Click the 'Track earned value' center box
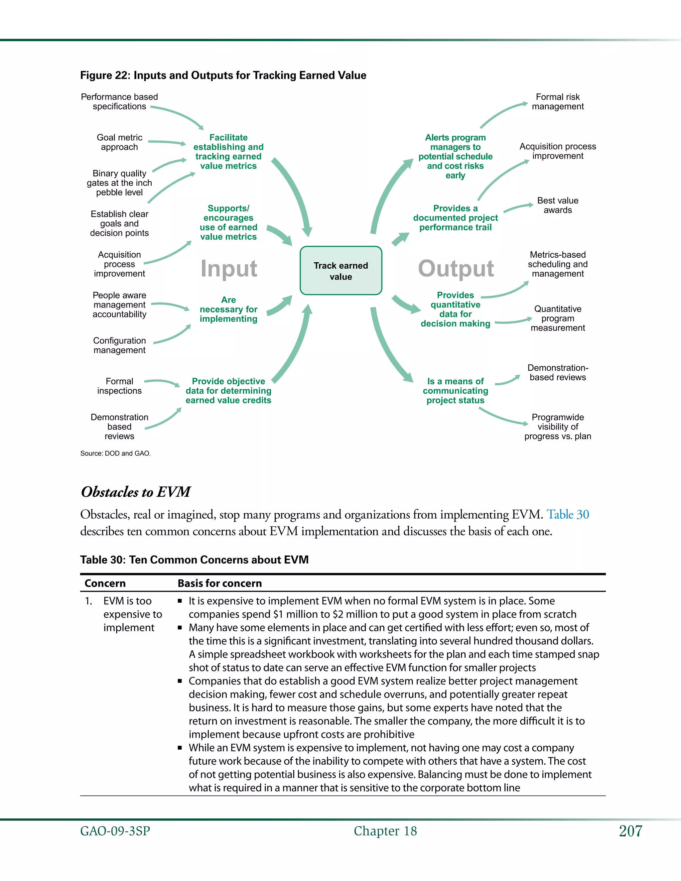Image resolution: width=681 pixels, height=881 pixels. pyautogui.click(x=341, y=271)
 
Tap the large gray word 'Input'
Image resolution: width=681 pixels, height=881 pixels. pyautogui.click(x=229, y=269)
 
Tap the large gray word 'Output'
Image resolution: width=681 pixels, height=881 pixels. pyautogui.click(x=456, y=269)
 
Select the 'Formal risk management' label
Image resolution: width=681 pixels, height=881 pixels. pyautogui.click(x=558, y=102)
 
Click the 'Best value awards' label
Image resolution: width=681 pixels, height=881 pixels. pyautogui.click(x=558, y=205)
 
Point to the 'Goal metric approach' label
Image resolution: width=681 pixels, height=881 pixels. pyautogui.click(x=119, y=142)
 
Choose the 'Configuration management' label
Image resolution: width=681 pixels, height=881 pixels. pyautogui.click(x=119, y=345)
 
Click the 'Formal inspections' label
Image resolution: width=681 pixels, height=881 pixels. pyautogui.click(x=119, y=386)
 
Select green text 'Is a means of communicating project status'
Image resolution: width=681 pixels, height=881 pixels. pyautogui.click(x=456, y=391)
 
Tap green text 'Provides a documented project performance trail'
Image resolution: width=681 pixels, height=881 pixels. pyautogui.click(x=456, y=218)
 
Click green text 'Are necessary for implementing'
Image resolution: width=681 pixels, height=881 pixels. pyautogui.click(x=228, y=310)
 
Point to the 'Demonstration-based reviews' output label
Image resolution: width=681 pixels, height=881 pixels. pyautogui.click(x=558, y=373)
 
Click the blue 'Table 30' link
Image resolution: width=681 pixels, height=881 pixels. pyautogui.click(x=568, y=515)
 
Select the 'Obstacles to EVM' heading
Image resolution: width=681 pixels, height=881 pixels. pyautogui.click(x=136, y=492)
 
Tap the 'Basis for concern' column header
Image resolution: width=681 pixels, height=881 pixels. pyautogui.click(x=219, y=583)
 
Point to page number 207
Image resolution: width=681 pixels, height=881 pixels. pyautogui.click(x=630, y=831)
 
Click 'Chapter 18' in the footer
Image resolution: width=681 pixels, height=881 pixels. pyautogui.click(x=385, y=831)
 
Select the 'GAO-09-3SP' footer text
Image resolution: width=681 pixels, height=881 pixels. pyautogui.click(x=115, y=831)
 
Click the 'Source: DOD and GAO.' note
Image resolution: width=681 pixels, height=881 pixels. pyautogui.click(x=115, y=453)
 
